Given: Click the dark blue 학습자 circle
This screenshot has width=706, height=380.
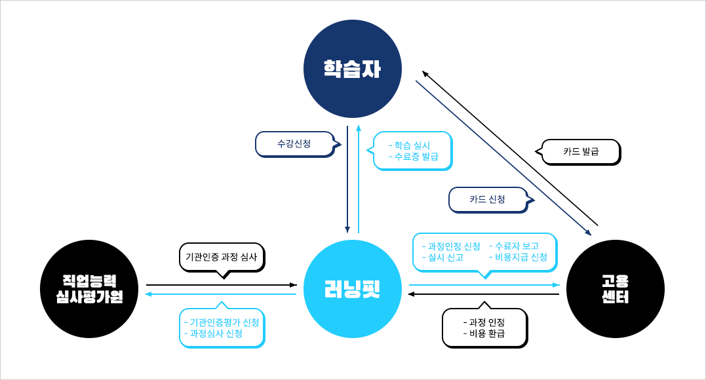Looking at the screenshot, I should (x=352, y=69).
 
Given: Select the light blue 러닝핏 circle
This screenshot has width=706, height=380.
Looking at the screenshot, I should (x=353, y=289).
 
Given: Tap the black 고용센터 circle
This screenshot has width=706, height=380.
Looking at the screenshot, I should (x=615, y=289).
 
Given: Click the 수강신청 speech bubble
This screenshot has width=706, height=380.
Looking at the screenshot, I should (x=294, y=143).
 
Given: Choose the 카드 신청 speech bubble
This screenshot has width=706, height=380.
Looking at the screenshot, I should (x=487, y=200).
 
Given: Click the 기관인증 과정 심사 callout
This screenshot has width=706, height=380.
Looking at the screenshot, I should (x=221, y=257).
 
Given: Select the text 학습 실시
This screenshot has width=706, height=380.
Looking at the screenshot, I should (x=412, y=145).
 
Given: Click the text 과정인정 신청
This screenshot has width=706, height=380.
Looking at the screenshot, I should (x=454, y=246).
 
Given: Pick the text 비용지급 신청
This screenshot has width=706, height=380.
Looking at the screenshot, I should (x=520, y=257).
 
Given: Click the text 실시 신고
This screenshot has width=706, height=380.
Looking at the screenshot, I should (x=445, y=257).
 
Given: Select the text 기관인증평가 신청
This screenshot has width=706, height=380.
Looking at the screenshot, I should (x=224, y=322).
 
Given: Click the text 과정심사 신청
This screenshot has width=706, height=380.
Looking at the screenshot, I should (x=216, y=333).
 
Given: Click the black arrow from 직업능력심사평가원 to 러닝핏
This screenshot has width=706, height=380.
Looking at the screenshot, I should (x=222, y=285).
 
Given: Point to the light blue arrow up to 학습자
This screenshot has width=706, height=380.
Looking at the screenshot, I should (x=358, y=177).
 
